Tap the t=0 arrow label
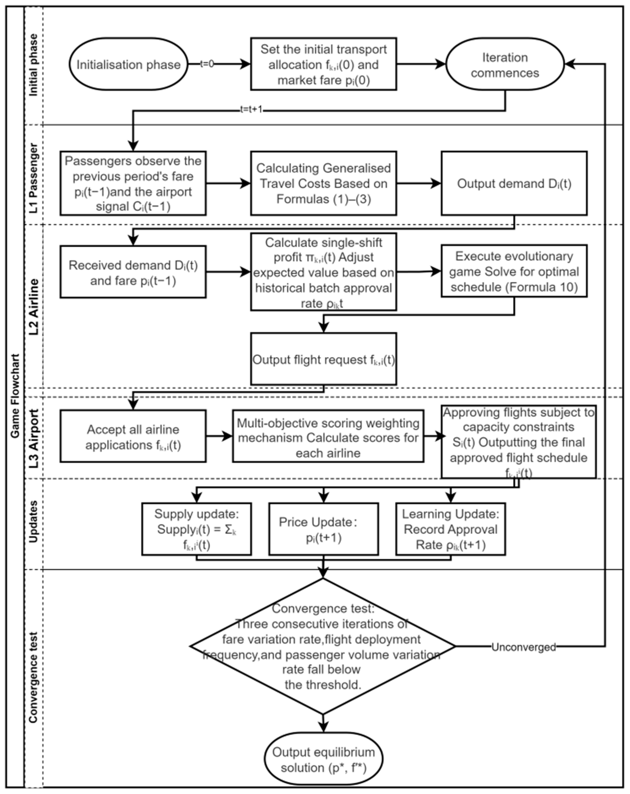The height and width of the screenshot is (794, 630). pos(207,64)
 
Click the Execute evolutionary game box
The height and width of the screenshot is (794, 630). pos(514,271)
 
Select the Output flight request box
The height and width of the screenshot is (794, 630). pos(323,359)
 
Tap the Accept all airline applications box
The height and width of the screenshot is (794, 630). pos(133,436)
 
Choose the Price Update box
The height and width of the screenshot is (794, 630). pos(323,529)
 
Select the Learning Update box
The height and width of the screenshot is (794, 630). pos(450,529)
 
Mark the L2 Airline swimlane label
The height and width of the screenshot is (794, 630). pos(34,307)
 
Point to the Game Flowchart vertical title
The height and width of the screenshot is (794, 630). pos(15,396)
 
